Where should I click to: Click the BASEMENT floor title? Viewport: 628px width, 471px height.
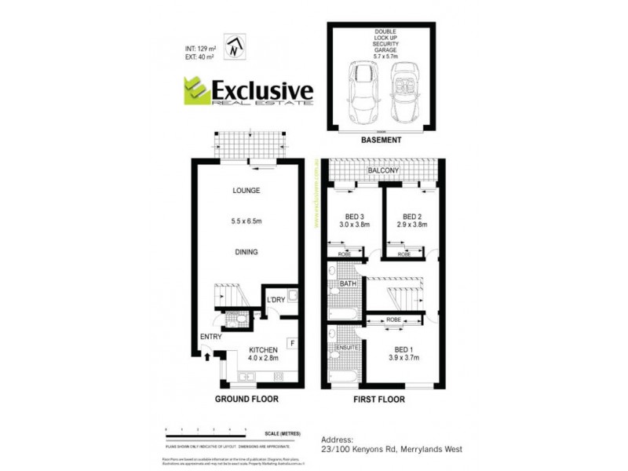click(382, 140)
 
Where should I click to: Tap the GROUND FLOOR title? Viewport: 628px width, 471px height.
click(246, 399)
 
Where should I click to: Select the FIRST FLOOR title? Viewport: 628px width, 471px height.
click(381, 399)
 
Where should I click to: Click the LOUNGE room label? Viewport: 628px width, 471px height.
click(246, 191)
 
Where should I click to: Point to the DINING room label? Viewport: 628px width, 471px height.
click(246, 252)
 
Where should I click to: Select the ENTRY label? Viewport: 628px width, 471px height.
click(210, 337)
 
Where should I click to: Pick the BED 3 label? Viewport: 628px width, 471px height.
click(356, 217)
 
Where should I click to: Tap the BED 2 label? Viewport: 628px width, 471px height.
click(412, 217)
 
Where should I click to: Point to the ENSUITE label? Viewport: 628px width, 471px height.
click(346, 346)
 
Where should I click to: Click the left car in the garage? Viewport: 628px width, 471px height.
click(363, 89)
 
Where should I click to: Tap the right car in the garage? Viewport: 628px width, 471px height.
click(404, 90)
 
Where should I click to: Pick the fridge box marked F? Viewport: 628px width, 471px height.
click(290, 342)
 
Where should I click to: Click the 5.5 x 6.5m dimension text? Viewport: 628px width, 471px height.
click(246, 221)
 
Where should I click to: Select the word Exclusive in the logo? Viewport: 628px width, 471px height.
click(262, 89)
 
